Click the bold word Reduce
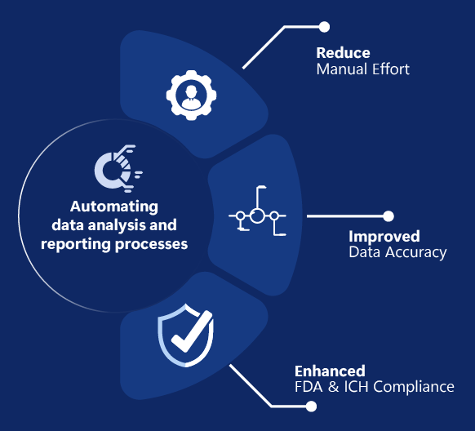click(343, 53)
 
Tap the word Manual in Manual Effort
click(342, 69)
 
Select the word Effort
click(391, 69)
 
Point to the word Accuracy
click(415, 253)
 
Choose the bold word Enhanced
click(330, 371)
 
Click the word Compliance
click(414, 388)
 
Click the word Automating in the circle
click(114, 207)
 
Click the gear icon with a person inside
click(191, 96)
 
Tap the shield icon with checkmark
click(186, 335)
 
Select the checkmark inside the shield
click(191, 332)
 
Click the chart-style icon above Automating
click(118, 168)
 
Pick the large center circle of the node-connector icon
click(257, 216)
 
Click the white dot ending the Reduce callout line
click(324, 27)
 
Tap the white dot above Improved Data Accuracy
click(388, 216)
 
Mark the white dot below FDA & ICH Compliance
click(311, 407)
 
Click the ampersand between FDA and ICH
click(333, 387)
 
